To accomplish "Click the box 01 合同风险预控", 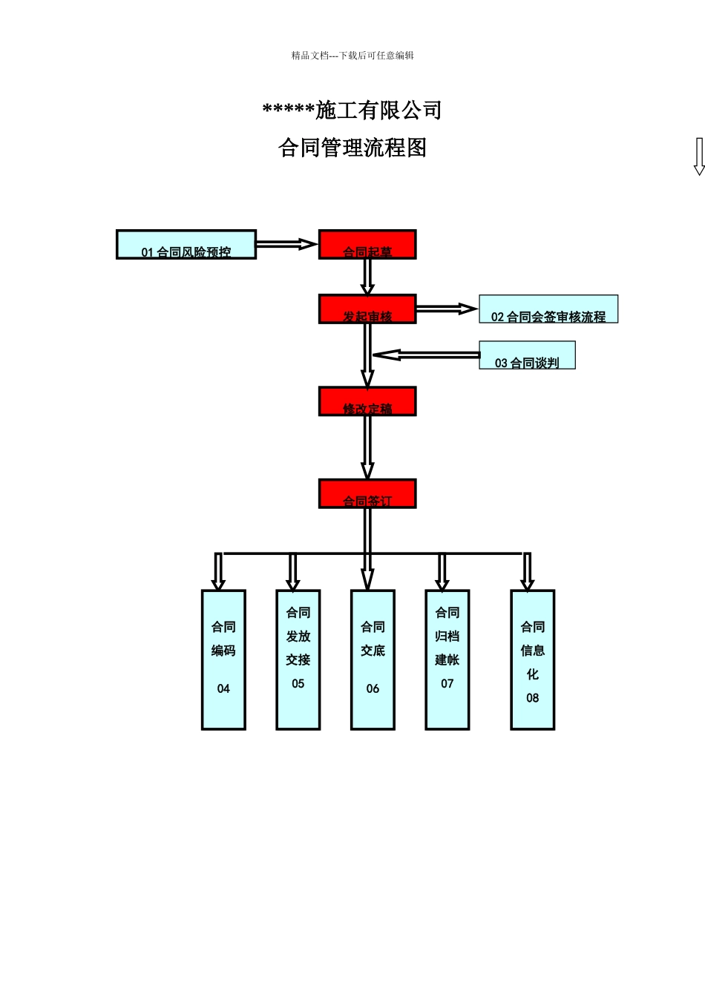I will [x=186, y=245].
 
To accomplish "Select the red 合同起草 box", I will [x=367, y=245].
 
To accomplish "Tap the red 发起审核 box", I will [x=367, y=309].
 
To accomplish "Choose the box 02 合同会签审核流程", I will [x=548, y=309].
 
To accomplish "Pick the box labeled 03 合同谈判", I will [x=527, y=355].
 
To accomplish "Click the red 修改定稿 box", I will [x=367, y=401].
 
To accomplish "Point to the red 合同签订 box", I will [x=367, y=494].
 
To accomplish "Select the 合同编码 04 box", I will [x=223, y=659].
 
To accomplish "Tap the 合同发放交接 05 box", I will [x=298, y=659].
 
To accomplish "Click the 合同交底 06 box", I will [x=373, y=659].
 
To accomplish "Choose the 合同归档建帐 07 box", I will [x=447, y=659].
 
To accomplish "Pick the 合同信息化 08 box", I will [x=533, y=659].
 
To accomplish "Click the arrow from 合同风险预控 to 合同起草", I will [x=286, y=243].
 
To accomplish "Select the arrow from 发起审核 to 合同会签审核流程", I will [x=447, y=309].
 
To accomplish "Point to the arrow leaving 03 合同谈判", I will [x=426, y=355].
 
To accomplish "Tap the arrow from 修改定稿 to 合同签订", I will [x=367, y=447].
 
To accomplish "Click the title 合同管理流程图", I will [x=352, y=148].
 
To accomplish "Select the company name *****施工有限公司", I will [x=352, y=111].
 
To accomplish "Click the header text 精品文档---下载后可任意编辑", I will [x=352, y=56].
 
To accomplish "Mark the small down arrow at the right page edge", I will [x=698, y=157].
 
